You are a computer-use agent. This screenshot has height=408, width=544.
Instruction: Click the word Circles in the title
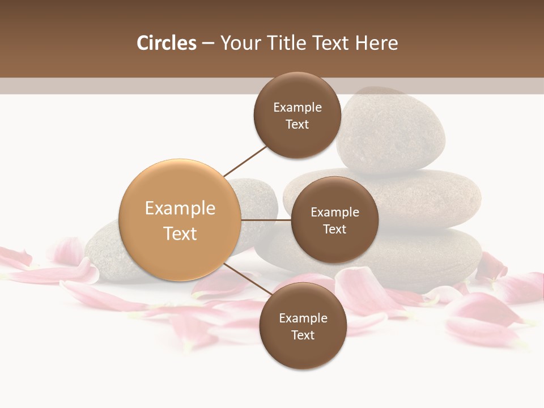pos(166,43)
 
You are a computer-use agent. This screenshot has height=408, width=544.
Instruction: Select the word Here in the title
pos(376,43)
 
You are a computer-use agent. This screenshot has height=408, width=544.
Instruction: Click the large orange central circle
pos(180,220)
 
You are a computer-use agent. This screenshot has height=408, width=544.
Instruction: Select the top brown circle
pos(297,115)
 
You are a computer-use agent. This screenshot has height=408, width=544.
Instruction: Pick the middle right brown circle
pos(334,220)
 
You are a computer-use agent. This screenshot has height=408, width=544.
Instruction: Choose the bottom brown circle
pos(303,326)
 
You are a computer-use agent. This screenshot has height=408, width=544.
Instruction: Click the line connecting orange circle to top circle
pos(245,161)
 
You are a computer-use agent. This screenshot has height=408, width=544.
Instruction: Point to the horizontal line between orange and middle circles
pos(266,220)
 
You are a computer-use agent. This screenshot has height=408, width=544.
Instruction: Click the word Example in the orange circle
pos(180,208)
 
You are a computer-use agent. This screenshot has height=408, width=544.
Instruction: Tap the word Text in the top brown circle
pos(297,124)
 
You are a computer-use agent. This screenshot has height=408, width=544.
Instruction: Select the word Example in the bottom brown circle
pos(303,318)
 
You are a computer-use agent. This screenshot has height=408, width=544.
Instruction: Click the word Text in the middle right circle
pos(334,229)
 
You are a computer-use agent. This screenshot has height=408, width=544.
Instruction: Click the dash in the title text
pos(208,43)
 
